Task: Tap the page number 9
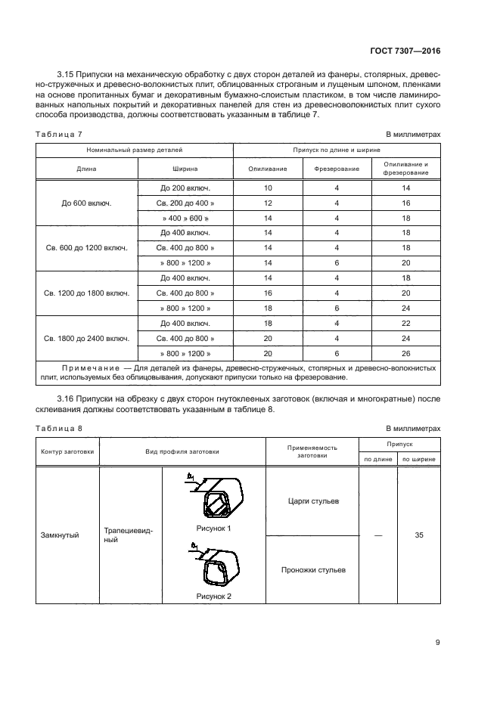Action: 437,643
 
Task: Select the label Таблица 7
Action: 60,134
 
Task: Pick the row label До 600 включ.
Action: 86,203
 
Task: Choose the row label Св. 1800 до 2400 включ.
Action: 86,338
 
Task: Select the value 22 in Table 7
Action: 405,323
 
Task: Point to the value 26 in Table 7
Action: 405,353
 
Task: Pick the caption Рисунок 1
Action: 213,528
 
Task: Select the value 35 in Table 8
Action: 419,535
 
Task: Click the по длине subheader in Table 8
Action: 378,458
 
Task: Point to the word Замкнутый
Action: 60,535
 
